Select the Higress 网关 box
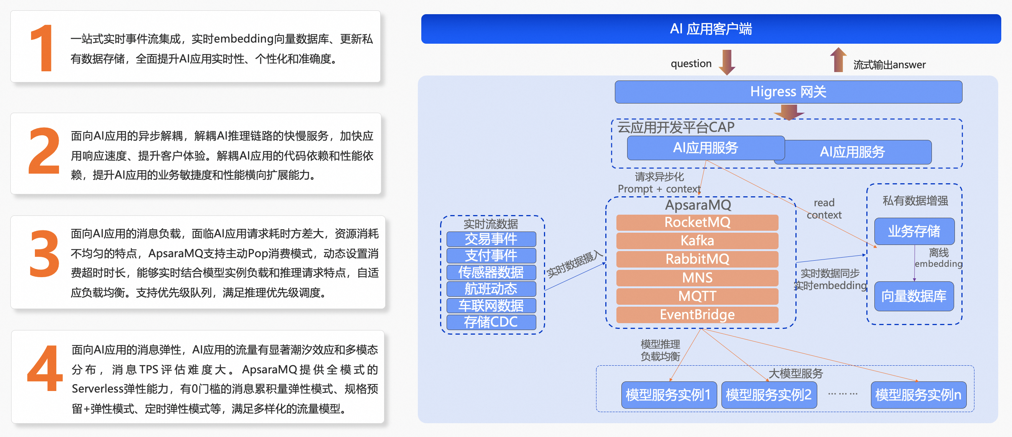coord(788,92)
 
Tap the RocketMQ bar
coord(697,222)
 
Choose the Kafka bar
coord(697,240)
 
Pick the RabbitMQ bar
coord(697,259)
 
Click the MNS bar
coord(697,278)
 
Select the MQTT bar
coord(697,296)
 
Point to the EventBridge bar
coord(697,314)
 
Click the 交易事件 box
coord(491,239)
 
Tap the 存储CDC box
coord(491,322)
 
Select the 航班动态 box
coord(491,289)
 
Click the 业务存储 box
coord(914,231)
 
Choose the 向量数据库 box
coord(914,296)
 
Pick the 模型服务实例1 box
coord(668,394)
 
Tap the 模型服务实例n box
coord(918,394)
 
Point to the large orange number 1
coord(43,48)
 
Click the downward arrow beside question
coord(727,62)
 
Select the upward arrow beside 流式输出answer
coord(838,60)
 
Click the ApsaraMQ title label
coord(698,205)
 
